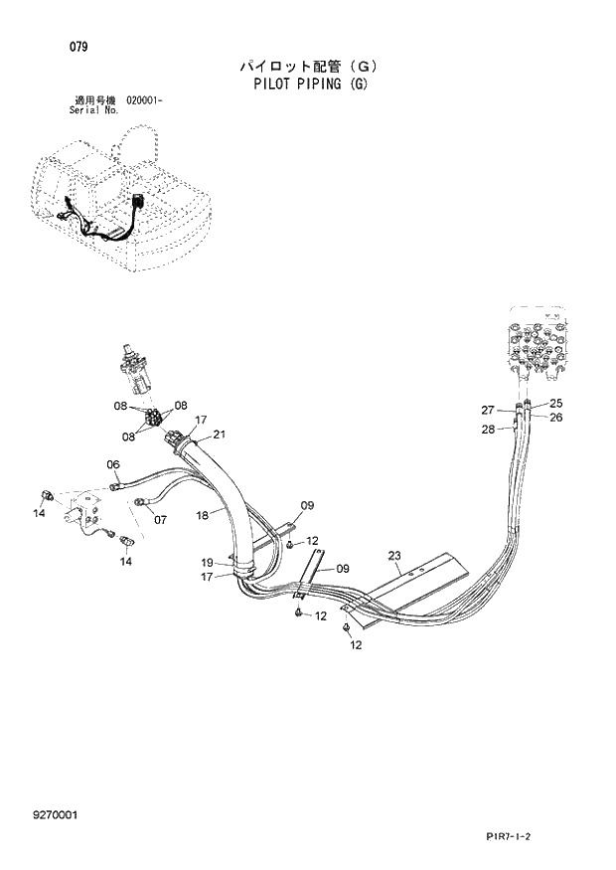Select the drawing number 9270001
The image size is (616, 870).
click(56, 815)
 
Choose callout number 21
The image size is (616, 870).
click(219, 434)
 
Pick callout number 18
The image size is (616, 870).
click(201, 515)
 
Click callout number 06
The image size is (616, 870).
click(113, 464)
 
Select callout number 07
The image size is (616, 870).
click(160, 519)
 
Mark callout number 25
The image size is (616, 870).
click(555, 403)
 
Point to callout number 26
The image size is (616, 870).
click(555, 417)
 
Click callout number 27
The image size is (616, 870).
click(488, 410)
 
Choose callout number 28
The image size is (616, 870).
click(488, 429)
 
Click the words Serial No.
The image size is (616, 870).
click(97, 110)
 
